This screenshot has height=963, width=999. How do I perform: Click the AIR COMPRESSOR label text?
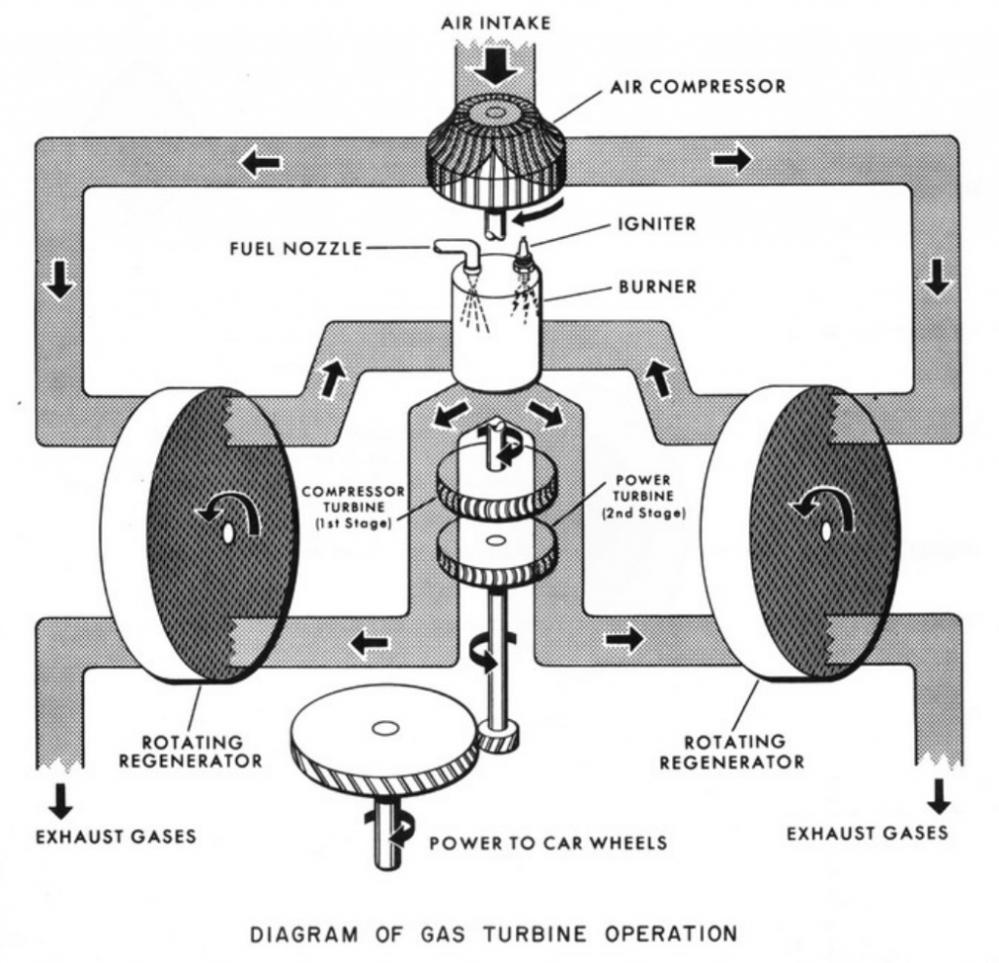[698, 87]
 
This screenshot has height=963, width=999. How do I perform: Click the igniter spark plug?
[526, 256]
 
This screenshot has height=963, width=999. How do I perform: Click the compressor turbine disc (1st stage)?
[497, 478]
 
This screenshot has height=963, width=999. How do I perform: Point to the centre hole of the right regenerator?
[825, 530]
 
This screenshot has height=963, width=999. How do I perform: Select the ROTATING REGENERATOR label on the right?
[732, 751]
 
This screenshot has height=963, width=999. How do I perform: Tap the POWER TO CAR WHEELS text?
[548, 842]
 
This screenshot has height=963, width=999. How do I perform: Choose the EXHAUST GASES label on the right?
[867, 832]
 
